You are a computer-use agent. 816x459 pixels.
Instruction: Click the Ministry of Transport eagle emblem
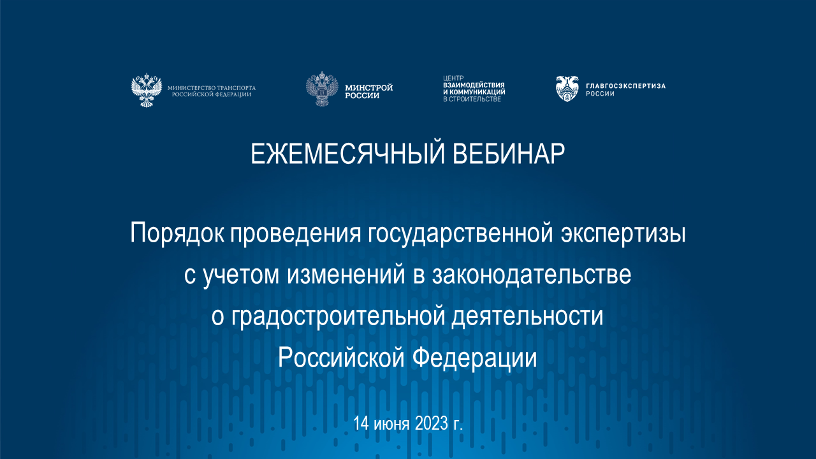146,90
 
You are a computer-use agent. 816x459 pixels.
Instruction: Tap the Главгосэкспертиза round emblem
567,89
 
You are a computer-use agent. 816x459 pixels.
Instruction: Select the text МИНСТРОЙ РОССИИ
368,91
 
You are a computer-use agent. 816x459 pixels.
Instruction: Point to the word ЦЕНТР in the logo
451,78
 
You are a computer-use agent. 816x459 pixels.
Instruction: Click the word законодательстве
532,275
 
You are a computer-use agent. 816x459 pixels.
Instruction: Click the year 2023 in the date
432,423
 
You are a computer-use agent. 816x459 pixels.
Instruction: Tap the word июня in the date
391,423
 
